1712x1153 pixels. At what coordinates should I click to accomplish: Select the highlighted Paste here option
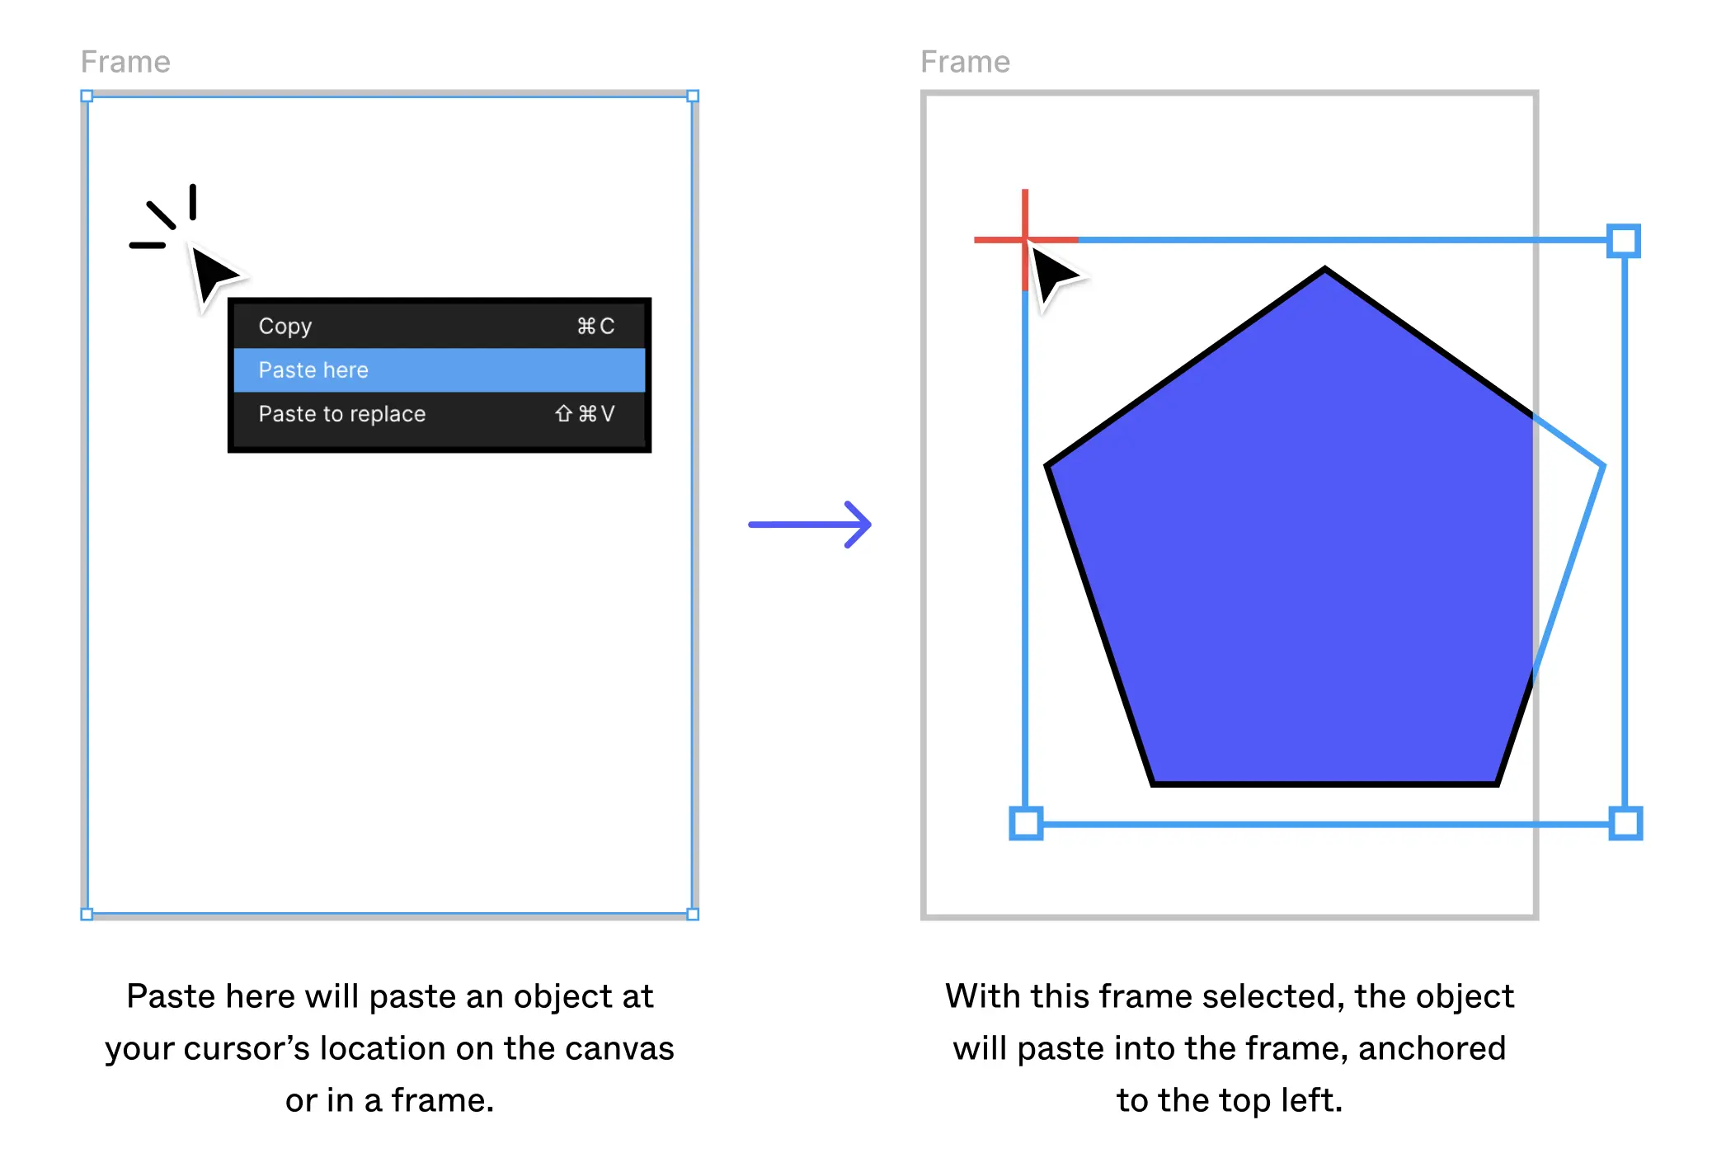tap(439, 369)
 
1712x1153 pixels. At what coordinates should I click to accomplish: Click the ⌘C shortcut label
tap(595, 327)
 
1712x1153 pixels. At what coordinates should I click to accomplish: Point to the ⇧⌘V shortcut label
tap(585, 413)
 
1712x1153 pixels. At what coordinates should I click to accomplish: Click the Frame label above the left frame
tap(125, 62)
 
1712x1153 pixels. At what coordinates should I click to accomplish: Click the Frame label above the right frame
tap(965, 62)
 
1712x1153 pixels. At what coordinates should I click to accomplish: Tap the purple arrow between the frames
tap(810, 525)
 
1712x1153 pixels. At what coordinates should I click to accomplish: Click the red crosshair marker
tap(1025, 240)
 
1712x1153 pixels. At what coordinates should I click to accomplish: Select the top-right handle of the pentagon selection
tap(1624, 241)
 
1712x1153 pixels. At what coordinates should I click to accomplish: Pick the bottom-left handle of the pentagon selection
tap(1026, 823)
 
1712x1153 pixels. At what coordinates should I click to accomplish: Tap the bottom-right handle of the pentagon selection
tap(1625, 823)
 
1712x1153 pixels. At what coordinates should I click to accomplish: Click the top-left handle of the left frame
tap(87, 96)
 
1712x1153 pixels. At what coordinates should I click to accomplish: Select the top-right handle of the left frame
tap(693, 96)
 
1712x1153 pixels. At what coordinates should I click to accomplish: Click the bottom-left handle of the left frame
tap(87, 914)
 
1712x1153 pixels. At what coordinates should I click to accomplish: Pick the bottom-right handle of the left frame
tap(693, 914)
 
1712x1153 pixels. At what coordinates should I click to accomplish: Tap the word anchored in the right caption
tap(1432, 1048)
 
